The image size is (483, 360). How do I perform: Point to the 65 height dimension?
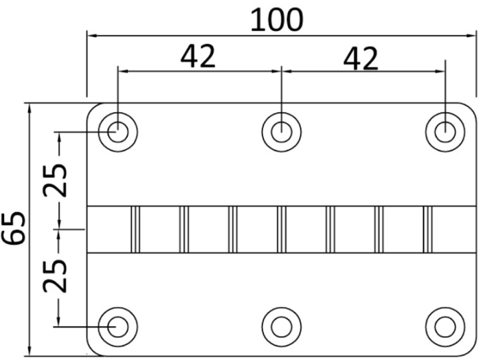(15, 228)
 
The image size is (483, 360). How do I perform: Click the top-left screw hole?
(118, 131)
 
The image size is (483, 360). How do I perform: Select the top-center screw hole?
(281, 131)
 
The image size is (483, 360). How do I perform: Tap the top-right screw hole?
(445, 131)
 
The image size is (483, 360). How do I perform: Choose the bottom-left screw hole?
(118, 325)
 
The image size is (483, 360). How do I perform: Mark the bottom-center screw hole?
(281, 325)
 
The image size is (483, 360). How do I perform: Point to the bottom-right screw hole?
(445, 325)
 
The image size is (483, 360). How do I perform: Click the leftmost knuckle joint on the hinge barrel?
(135, 229)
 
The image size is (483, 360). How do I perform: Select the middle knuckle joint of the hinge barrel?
(282, 229)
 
